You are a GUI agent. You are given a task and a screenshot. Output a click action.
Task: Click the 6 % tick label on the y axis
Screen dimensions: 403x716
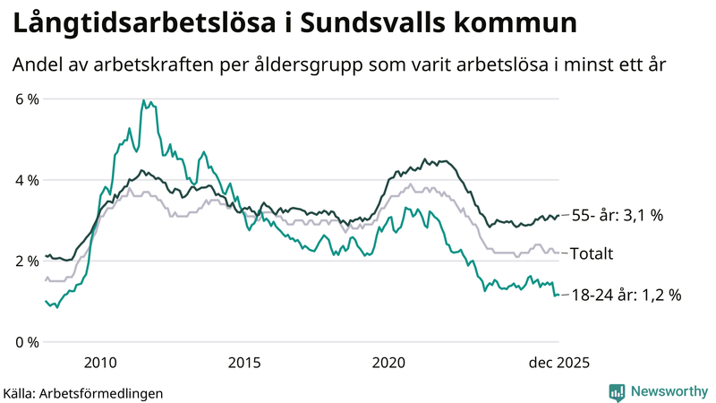[x=27, y=99]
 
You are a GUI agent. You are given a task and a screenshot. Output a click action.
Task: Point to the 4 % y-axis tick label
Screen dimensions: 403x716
[x=27, y=180]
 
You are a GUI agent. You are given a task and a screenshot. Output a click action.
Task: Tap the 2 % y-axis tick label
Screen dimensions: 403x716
[x=27, y=261]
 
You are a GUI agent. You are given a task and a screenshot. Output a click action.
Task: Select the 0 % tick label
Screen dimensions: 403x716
[x=27, y=342]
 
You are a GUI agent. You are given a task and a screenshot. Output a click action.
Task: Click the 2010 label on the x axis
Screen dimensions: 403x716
[x=100, y=363]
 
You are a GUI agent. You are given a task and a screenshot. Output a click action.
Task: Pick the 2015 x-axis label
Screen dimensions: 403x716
[x=244, y=363]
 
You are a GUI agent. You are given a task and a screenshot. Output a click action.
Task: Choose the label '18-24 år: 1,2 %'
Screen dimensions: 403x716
[x=626, y=295]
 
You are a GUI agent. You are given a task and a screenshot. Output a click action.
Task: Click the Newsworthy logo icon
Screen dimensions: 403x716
[x=617, y=391]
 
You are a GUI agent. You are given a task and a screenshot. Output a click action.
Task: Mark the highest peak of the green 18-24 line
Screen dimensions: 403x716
[x=143, y=100]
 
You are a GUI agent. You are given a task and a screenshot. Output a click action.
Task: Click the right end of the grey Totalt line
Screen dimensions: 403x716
[x=558, y=253]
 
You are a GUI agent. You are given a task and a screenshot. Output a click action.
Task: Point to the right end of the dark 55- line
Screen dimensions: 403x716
[x=558, y=215]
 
